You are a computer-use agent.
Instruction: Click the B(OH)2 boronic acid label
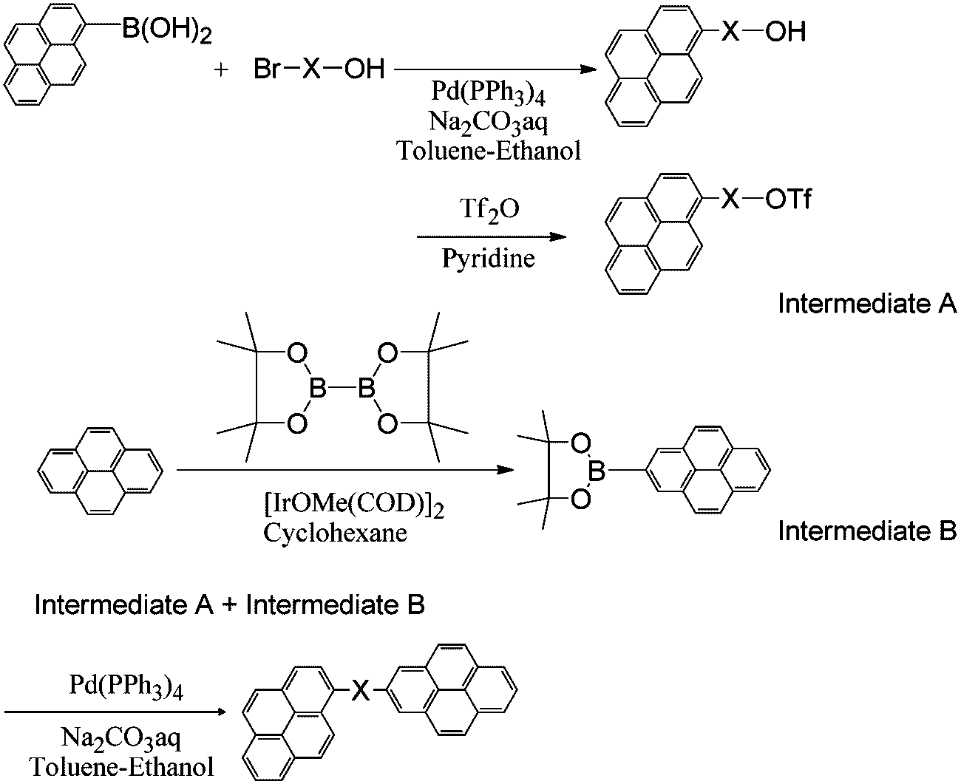167,31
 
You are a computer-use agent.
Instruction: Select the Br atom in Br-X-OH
267,69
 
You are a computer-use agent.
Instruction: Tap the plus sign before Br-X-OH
221,70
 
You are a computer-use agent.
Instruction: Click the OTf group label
788,199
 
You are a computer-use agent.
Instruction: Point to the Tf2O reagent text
489,211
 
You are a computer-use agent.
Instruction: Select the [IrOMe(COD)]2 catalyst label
354,505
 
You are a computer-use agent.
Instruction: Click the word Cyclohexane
335,533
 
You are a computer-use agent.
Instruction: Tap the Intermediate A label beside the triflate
867,304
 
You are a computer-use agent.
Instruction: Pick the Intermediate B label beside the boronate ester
867,531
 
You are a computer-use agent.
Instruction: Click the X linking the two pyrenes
361,691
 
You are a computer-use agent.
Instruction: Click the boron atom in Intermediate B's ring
597,471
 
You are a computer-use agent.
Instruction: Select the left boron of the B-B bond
318,389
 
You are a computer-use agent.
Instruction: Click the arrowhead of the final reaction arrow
220,712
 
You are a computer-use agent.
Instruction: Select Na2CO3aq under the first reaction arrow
489,123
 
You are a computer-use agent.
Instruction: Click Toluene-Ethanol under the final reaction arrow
122,767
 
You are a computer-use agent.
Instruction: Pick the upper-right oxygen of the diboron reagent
388,353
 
